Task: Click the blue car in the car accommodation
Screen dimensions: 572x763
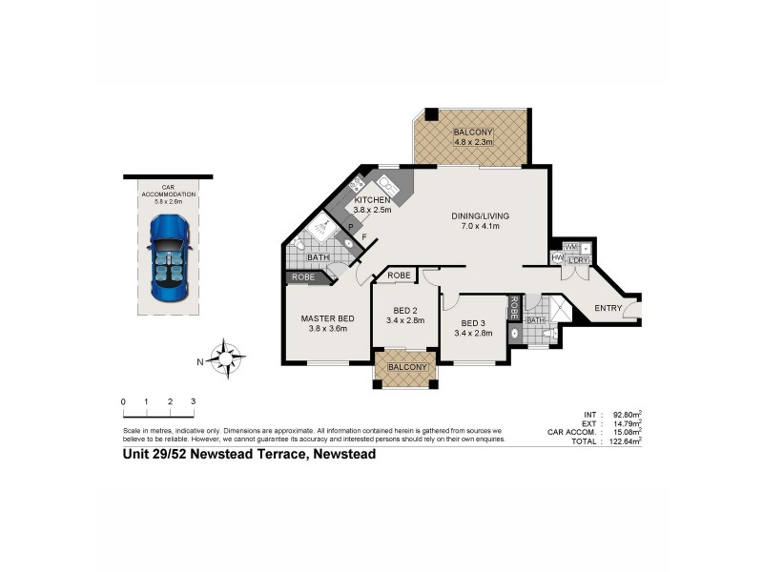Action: coord(168,259)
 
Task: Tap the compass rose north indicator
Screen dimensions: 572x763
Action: coord(227,360)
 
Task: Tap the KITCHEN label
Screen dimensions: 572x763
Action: coord(373,199)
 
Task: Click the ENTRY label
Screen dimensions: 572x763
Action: coord(608,308)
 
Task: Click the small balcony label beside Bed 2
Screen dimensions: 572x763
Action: coord(405,367)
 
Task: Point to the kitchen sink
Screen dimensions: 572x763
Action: coord(389,184)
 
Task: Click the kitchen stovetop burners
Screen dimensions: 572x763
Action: coord(357,184)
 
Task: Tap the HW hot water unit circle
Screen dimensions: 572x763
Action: coord(557,257)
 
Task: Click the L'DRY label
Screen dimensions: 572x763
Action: coord(577,259)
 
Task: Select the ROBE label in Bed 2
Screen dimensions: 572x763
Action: coord(399,276)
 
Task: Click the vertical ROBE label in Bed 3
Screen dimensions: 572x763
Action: coord(513,308)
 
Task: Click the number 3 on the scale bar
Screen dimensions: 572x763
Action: coord(193,402)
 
